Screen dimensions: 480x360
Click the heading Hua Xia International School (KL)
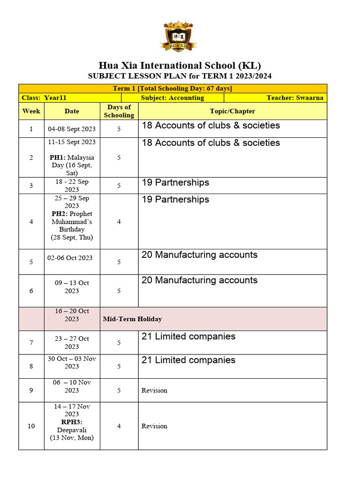click(x=180, y=65)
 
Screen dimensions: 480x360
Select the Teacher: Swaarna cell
click(x=295, y=98)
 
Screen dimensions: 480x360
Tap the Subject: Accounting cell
click(x=172, y=98)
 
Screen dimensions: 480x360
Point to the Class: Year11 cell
click(x=47, y=98)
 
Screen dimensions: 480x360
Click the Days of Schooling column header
click(x=119, y=111)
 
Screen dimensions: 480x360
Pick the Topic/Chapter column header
click(x=232, y=111)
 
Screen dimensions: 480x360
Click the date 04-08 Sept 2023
click(x=72, y=128)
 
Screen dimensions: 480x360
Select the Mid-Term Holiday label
click(x=133, y=319)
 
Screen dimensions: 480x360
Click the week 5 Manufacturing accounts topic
click(x=199, y=255)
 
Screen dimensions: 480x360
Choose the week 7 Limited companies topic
click(x=188, y=337)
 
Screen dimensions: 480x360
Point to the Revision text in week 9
click(x=154, y=390)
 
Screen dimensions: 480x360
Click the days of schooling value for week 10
click(x=119, y=426)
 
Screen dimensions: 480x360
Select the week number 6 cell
click(x=31, y=291)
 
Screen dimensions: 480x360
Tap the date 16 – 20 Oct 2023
click(x=72, y=315)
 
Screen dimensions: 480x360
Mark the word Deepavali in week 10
click(x=72, y=430)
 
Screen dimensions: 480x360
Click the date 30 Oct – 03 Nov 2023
click(x=72, y=362)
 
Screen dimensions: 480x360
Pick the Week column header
click(x=31, y=111)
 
